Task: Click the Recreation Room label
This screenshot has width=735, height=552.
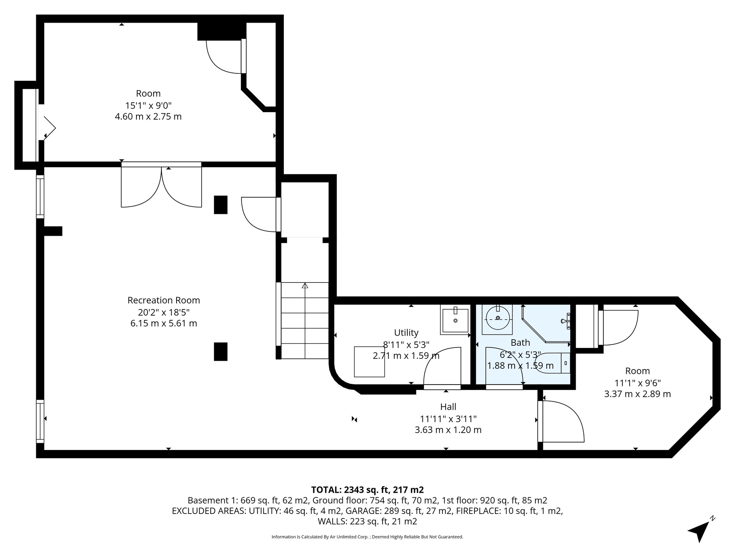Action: [164, 300]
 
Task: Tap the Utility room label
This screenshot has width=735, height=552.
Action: [406, 332]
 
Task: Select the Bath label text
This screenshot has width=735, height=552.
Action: [520, 342]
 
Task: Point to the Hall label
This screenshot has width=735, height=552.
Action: [448, 407]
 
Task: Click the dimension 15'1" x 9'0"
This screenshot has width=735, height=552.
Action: [148, 105]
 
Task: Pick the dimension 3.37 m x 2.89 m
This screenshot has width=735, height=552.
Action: [637, 394]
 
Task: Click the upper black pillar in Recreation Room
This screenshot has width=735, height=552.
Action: [221, 205]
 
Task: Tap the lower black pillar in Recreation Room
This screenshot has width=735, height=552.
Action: [221, 351]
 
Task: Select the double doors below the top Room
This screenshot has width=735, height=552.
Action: [161, 185]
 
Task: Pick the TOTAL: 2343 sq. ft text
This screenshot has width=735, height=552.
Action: [367, 490]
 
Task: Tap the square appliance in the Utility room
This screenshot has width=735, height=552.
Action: [369, 362]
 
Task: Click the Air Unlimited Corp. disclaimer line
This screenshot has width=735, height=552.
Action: [367, 537]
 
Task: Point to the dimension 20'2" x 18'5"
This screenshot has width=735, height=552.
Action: [164, 312]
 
